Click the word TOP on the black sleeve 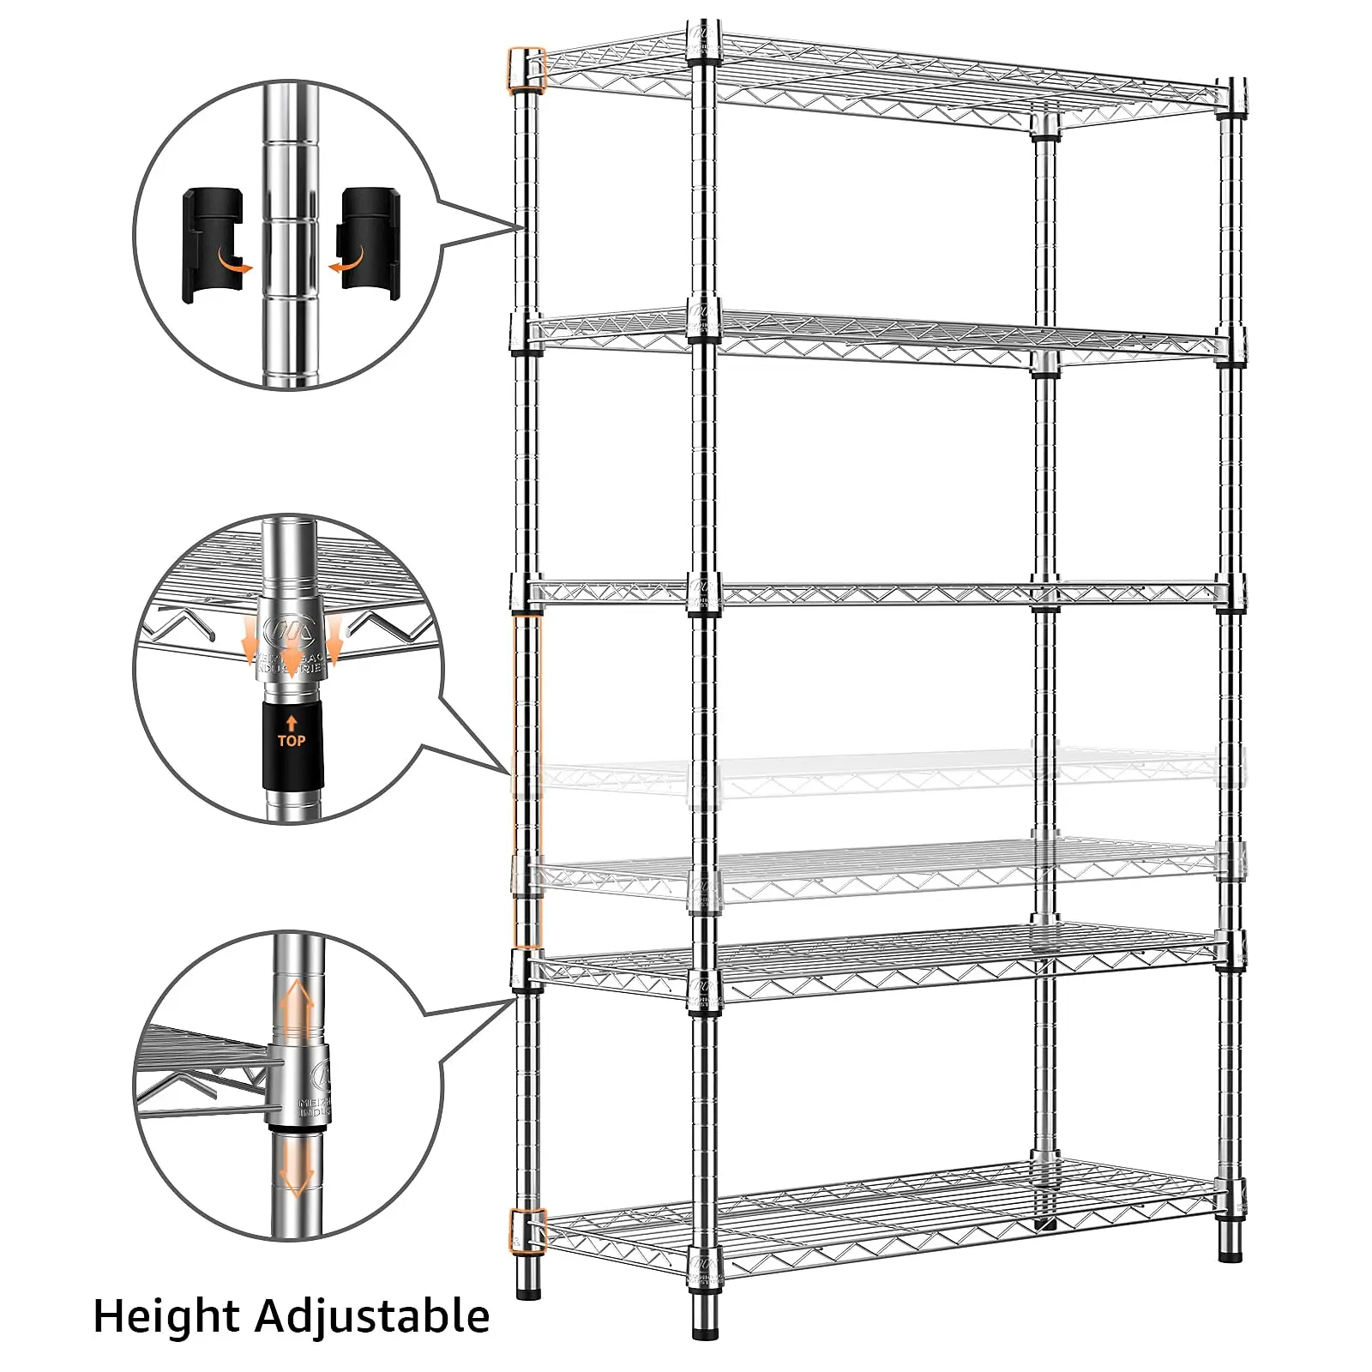click(x=291, y=740)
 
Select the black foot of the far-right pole click(x=1231, y=1255)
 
